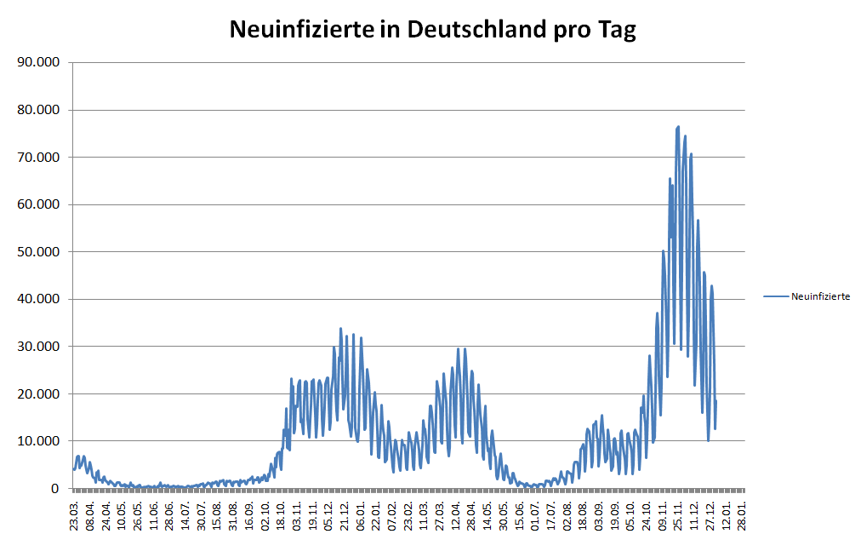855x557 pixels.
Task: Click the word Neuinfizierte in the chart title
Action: coord(301,30)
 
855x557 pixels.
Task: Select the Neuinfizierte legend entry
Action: coord(819,296)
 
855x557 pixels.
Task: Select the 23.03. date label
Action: coord(75,516)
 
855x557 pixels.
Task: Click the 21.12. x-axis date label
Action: coord(345,516)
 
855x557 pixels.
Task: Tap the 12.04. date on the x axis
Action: coord(457,516)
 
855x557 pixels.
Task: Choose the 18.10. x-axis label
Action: coord(282,516)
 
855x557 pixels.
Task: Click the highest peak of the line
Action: coord(678,127)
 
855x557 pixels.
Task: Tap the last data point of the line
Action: coord(716,400)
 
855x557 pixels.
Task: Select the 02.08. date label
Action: coord(568,516)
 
